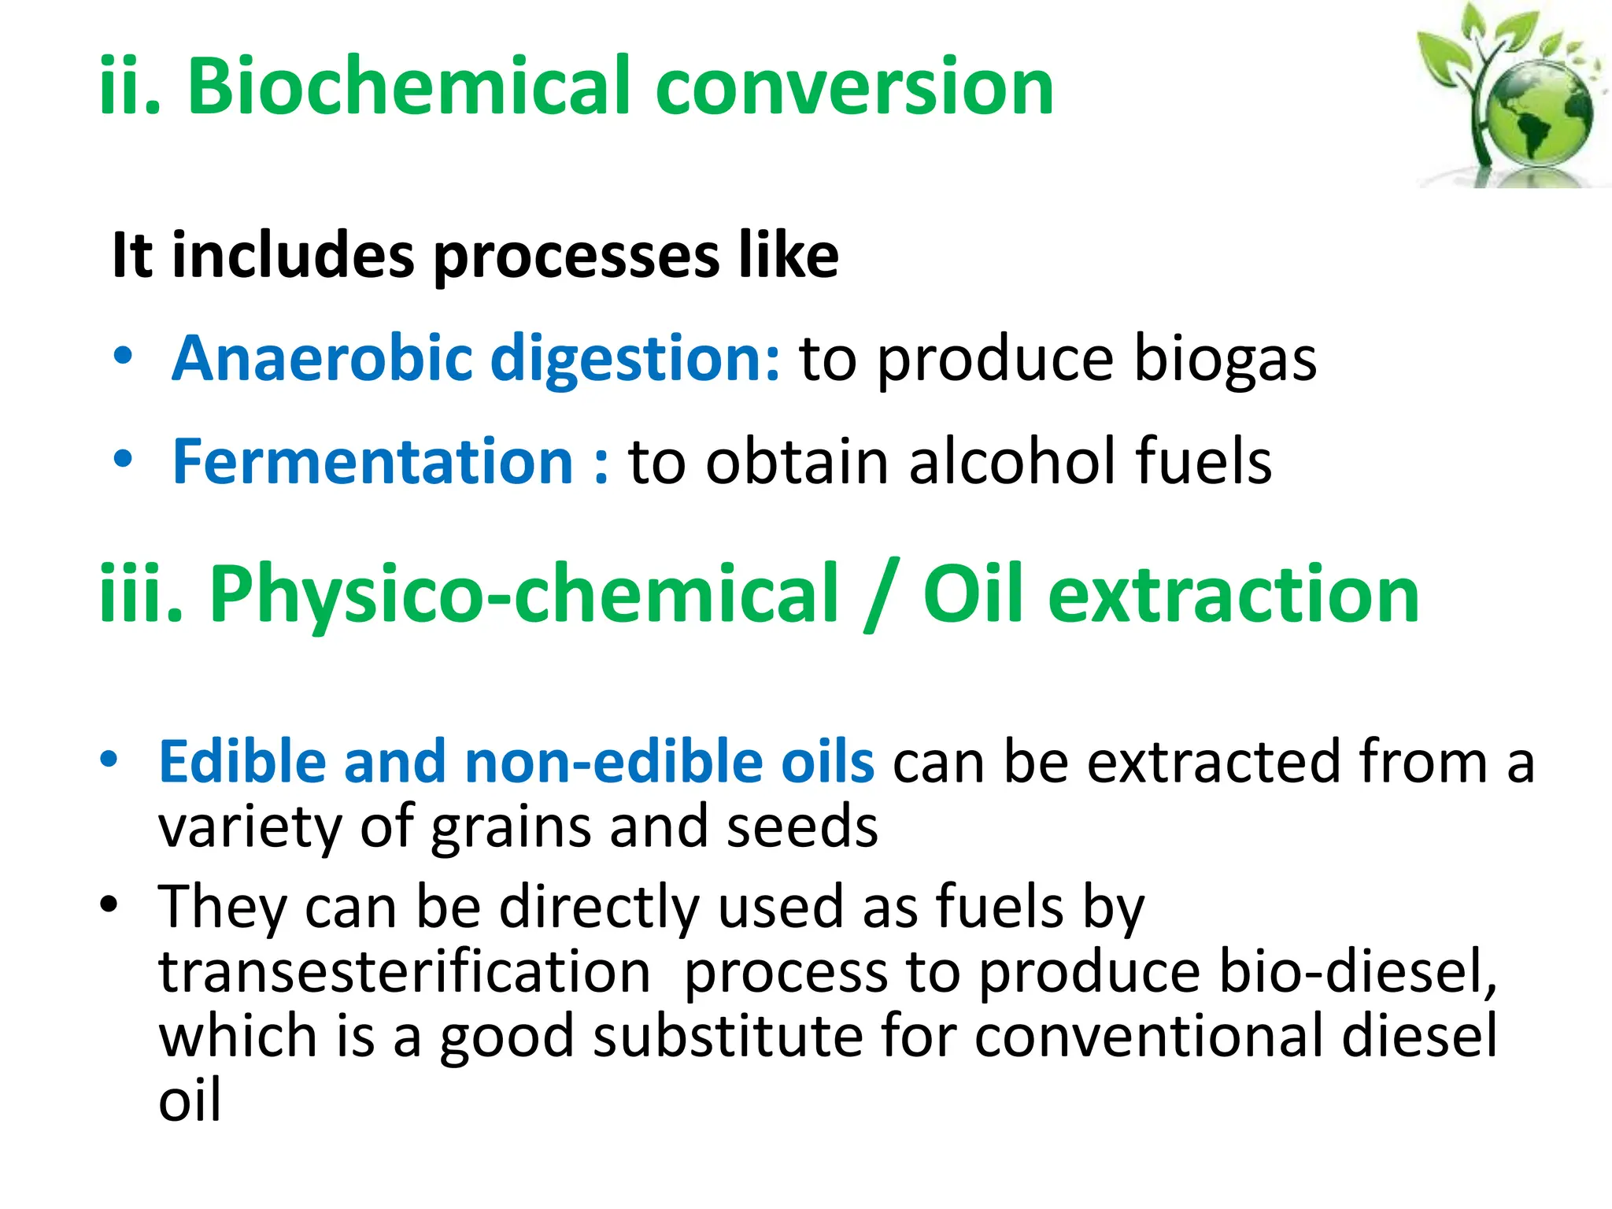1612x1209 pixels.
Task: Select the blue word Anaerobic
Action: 321,358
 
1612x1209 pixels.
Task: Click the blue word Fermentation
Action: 372,461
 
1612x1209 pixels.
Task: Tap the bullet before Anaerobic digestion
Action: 123,357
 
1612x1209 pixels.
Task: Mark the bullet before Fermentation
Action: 123,459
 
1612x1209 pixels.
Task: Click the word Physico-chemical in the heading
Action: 523,595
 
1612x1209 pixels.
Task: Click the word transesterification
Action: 405,972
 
